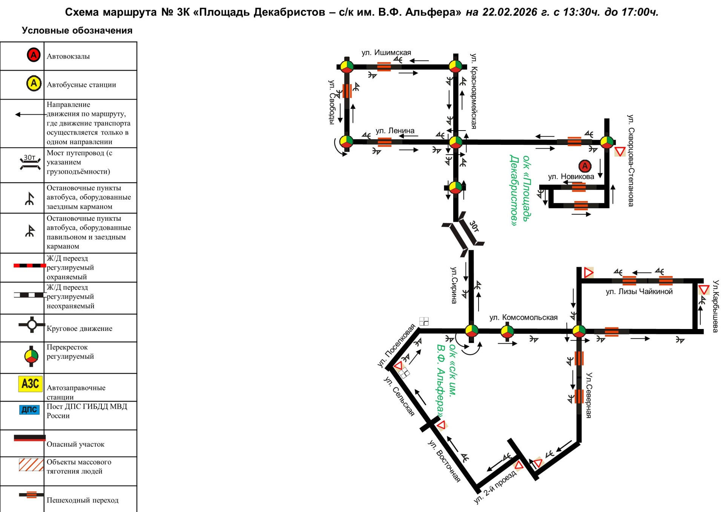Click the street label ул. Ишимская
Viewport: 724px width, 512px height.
[x=386, y=52]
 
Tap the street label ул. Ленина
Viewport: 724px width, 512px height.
[x=395, y=131]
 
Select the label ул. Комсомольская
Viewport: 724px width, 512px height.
[x=523, y=317]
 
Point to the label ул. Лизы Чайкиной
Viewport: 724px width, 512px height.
[x=639, y=291]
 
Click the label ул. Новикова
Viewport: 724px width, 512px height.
[x=571, y=176]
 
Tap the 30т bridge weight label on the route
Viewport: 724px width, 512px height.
[x=474, y=226]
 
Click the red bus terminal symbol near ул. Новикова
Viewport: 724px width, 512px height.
[x=585, y=166]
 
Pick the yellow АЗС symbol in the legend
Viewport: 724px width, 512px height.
[x=31, y=384]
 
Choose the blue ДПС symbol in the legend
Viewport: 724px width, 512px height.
[x=29, y=409]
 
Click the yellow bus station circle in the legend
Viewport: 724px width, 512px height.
[x=34, y=83]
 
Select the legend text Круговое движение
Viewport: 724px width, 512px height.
[x=80, y=329]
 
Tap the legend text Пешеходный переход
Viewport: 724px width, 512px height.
[x=83, y=500]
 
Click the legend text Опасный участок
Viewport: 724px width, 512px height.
[x=75, y=444]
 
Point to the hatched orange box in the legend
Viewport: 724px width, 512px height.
[x=31, y=464]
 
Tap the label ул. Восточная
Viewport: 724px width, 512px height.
[x=444, y=461]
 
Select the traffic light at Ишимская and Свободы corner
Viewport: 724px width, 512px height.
[x=347, y=67]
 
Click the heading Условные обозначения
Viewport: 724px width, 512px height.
[x=77, y=31]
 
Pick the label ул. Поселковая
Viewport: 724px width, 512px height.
[x=396, y=346]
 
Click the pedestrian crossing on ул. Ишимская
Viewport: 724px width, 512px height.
[x=384, y=67]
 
